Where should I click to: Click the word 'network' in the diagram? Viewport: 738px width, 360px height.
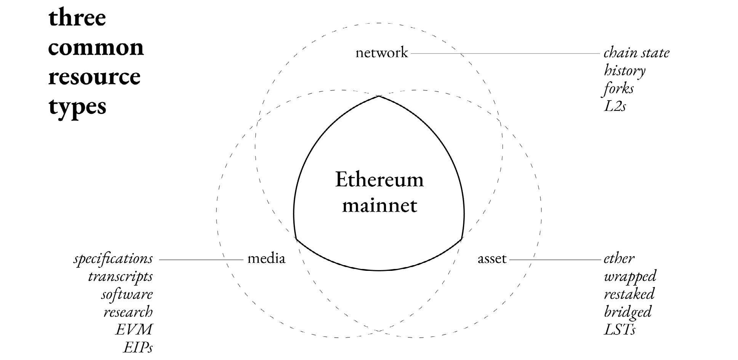click(381, 53)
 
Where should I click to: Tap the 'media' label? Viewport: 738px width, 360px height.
click(266, 259)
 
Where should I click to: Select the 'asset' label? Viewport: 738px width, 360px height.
click(492, 259)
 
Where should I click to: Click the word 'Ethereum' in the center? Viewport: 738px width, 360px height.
click(379, 179)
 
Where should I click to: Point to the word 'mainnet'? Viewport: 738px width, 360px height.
click(379, 205)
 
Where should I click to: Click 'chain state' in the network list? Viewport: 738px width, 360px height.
click(636, 53)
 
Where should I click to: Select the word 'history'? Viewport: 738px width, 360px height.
click(624, 71)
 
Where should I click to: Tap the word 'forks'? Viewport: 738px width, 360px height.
click(619, 88)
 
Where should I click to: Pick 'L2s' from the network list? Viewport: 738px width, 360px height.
click(615, 106)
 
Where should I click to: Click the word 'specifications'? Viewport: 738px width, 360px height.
click(113, 259)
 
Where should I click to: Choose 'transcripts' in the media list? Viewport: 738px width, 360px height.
click(120, 276)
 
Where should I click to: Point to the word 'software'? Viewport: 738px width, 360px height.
click(127, 294)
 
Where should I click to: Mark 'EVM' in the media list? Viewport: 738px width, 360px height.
click(134, 329)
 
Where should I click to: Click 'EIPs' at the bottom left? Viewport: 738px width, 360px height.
click(138, 347)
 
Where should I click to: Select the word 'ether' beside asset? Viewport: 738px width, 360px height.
click(619, 259)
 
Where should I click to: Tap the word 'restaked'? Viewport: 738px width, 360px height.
click(629, 294)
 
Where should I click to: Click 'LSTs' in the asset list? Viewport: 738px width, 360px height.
click(620, 330)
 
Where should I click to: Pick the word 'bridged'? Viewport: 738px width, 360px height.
click(628, 312)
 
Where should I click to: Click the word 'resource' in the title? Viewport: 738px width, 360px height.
click(94, 77)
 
